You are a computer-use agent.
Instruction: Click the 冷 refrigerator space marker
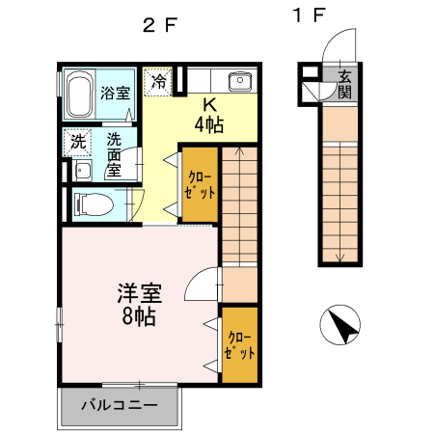(156, 81)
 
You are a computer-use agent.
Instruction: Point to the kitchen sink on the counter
(238, 81)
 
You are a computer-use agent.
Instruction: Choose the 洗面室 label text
(113, 154)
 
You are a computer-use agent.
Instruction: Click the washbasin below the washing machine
(82, 173)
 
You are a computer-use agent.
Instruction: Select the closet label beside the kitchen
(200, 184)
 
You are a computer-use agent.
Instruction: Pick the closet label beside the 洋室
(239, 344)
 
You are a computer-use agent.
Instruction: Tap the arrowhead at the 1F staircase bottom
(339, 257)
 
